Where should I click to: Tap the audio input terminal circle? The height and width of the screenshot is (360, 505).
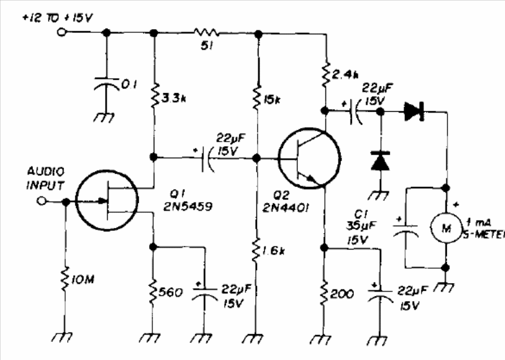43,202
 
